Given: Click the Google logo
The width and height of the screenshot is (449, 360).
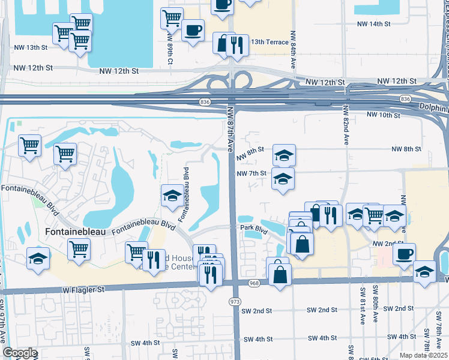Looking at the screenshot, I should pos(20,353).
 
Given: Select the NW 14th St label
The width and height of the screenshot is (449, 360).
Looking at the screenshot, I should pos(373,24).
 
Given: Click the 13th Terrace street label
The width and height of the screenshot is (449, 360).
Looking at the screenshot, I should pos(270,42).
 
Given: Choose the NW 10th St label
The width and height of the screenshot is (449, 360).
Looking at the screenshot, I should pos(383,115).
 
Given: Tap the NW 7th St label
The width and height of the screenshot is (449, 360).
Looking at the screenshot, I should pos(251,173).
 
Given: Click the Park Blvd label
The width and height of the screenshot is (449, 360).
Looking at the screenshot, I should pos(255,229).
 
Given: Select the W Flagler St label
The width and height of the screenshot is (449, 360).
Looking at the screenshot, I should pos(83,289).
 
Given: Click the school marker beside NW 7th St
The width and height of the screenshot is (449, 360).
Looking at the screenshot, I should pos(283,178).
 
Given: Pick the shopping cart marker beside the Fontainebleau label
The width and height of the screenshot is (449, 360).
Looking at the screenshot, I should pos(79,249).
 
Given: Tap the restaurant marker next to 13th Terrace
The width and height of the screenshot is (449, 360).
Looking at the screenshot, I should pos(238,46).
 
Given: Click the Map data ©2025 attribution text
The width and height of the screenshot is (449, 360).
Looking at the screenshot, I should pos(423,355).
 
